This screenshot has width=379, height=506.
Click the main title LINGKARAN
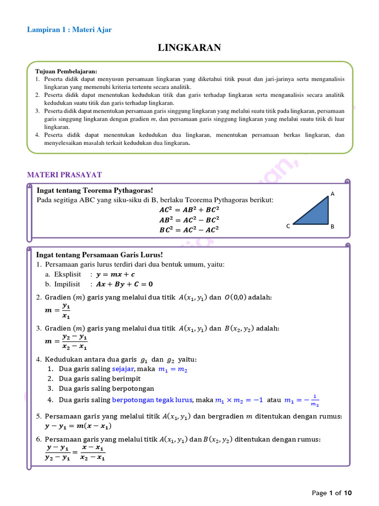(189, 48)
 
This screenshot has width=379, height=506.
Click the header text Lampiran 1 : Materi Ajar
(69, 30)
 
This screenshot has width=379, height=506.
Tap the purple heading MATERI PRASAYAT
(64, 175)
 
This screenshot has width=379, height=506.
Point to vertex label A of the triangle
(333, 194)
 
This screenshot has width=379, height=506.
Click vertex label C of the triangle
(288, 226)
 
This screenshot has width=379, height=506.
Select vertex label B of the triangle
(333, 226)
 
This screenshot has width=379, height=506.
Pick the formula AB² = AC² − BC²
(189, 219)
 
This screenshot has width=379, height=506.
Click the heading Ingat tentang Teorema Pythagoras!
(95, 190)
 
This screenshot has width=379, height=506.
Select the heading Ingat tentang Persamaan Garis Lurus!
(100, 255)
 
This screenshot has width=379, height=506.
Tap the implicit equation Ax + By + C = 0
(124, 284)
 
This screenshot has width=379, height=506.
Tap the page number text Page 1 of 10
(332, 493)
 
